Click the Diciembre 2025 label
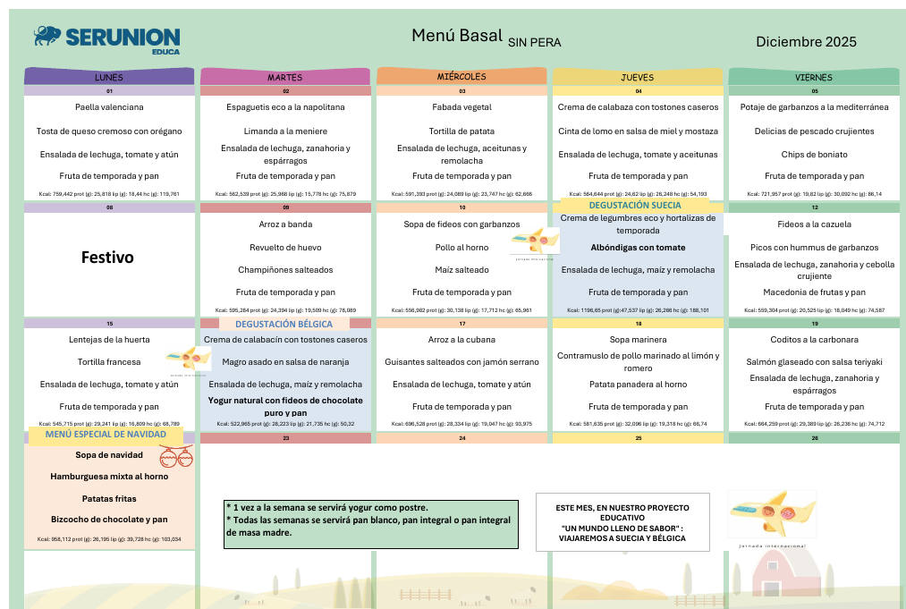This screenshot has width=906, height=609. click(x=806, y=41)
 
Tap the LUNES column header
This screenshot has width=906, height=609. click(x=109, y=77)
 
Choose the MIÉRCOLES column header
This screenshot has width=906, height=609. click(x=461, y=77)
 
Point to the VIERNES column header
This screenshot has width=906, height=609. click(x=814, y=77)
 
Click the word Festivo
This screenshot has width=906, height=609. click(x=107, y=258)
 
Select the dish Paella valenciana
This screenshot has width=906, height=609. click(x=109, y=107)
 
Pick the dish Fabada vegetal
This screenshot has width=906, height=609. click(x=461, y=107)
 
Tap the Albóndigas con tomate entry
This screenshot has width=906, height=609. click(x=638, y=248)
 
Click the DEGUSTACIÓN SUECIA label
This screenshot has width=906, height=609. click(x=635, y=206)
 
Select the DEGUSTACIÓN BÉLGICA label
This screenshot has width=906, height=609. click(x=284, y=324)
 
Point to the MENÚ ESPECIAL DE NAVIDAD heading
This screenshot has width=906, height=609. click(x=106, y=434)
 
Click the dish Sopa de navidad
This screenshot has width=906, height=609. click(x=109, y=455)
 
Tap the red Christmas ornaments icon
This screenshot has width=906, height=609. click(x=176, y=458)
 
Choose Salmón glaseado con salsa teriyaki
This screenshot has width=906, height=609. click(x=814, y=361)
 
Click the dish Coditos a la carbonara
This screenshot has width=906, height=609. click(x=814, y=340)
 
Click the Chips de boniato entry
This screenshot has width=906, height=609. click(x=814, y=155)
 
